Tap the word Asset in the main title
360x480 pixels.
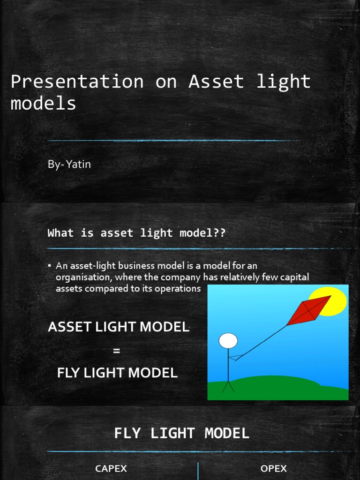pyautogui.click(x=216, y=82)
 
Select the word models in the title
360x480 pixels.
pyautogui.click(x=43, y=103)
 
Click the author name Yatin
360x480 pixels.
pyautogui.click(x=78, y=165)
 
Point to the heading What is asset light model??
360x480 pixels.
pyautogui.click(x=136, y=233)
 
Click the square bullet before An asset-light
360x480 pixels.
pyautogui.click(x=49, y=266)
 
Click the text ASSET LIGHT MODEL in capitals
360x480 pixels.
pyautogui.click(x=119, y=327)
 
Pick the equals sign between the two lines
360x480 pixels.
pyautogui.click(x=117, y=350)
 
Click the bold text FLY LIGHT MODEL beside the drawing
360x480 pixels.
pyautogui.click(x=117, y=373)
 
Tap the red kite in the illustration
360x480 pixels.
pyautogui.click(x=308, y=310)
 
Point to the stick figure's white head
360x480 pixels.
pyautogui.click(x=228, y=341)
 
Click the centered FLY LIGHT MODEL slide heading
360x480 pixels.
pyautogui.click(x=181, y=433)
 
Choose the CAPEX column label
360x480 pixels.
pyautogui.click(x=111, y=468)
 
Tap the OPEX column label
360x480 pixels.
pyautogui.click(x=273, y=468)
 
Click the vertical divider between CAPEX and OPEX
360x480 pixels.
pyautogui.click(x=198, y=471)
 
